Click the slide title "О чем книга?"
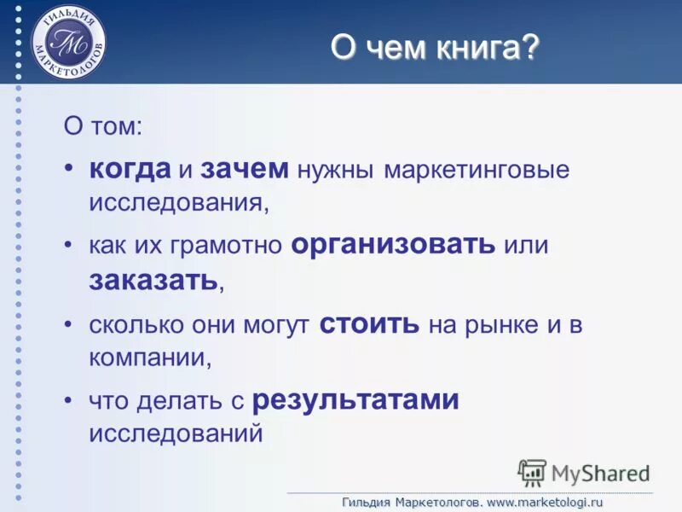point(435,48)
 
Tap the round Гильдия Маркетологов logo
point(69,42)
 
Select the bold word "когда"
point(130,168)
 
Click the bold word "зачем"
point(245,168)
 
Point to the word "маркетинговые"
point(476,169)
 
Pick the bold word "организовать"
point(393,246)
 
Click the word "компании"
point(148,357)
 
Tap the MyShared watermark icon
point(532,473)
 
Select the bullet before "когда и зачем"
point(69,167)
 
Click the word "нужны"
point(336,169)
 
